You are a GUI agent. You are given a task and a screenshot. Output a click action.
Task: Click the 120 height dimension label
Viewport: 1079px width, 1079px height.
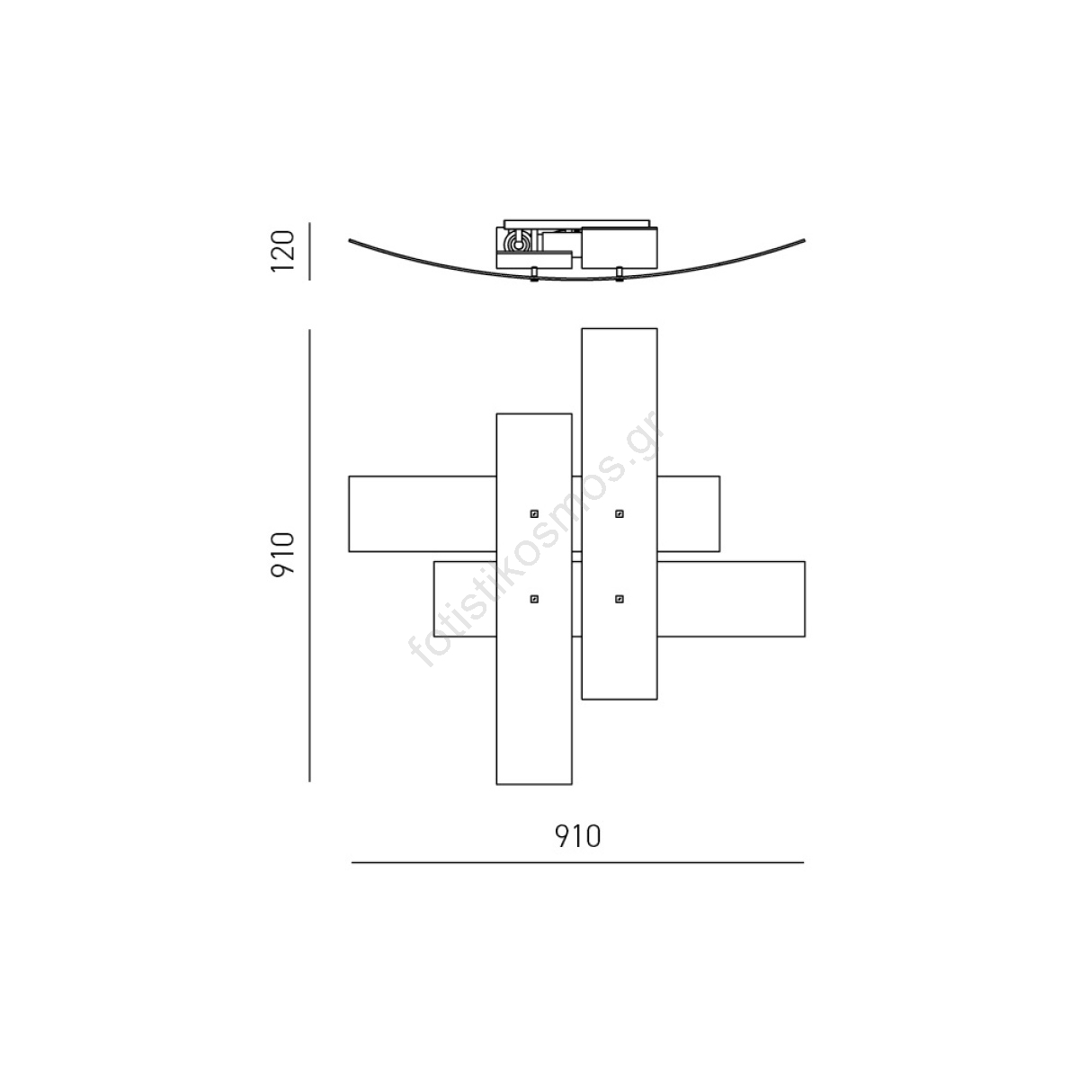282,251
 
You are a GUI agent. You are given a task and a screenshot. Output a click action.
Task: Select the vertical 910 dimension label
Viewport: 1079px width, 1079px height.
282,556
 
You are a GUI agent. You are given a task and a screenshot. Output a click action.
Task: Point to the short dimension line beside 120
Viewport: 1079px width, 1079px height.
309,252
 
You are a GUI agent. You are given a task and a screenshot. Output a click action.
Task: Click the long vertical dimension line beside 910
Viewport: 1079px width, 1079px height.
309,556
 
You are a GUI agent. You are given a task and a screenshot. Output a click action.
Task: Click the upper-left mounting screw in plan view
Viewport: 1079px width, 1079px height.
534,513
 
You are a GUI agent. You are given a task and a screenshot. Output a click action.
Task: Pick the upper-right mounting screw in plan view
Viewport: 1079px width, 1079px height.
620,513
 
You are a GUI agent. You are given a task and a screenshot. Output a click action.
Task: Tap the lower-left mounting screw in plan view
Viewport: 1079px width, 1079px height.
534,599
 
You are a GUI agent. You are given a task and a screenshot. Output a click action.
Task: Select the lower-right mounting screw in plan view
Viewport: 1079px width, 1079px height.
620,599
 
